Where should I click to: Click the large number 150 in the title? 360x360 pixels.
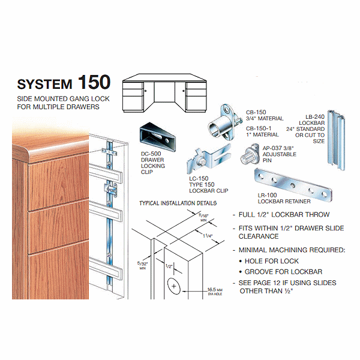(94, 82)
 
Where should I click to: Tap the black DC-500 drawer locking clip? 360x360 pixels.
(157, 137)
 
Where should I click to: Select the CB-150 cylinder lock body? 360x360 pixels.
(224, 123)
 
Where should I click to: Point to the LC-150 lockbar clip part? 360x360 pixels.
(208, 158)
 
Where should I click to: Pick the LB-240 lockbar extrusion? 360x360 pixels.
(336, 140)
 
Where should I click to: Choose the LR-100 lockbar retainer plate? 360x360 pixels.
(293, 185)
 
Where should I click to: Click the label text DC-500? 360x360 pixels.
(151, 154)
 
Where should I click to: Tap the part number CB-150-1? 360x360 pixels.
(259, 128)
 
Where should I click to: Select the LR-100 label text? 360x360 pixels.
(267, 195)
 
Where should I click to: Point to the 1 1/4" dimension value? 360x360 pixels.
(208, 236)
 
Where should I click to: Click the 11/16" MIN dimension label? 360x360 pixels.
(203, 217)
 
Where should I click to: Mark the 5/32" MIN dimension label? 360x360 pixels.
(143, 266)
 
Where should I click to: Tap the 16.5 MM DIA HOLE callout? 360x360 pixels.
(215, 292)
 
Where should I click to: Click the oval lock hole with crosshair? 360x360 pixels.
(174, 286)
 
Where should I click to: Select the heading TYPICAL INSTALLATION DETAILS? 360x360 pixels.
(178, 203)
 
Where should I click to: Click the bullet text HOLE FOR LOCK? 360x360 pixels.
(272, 261)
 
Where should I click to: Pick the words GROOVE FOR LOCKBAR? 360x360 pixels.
(283, 272)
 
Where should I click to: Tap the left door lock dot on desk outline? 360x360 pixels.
(146, 91)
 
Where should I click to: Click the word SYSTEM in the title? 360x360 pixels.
(45, 84)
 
